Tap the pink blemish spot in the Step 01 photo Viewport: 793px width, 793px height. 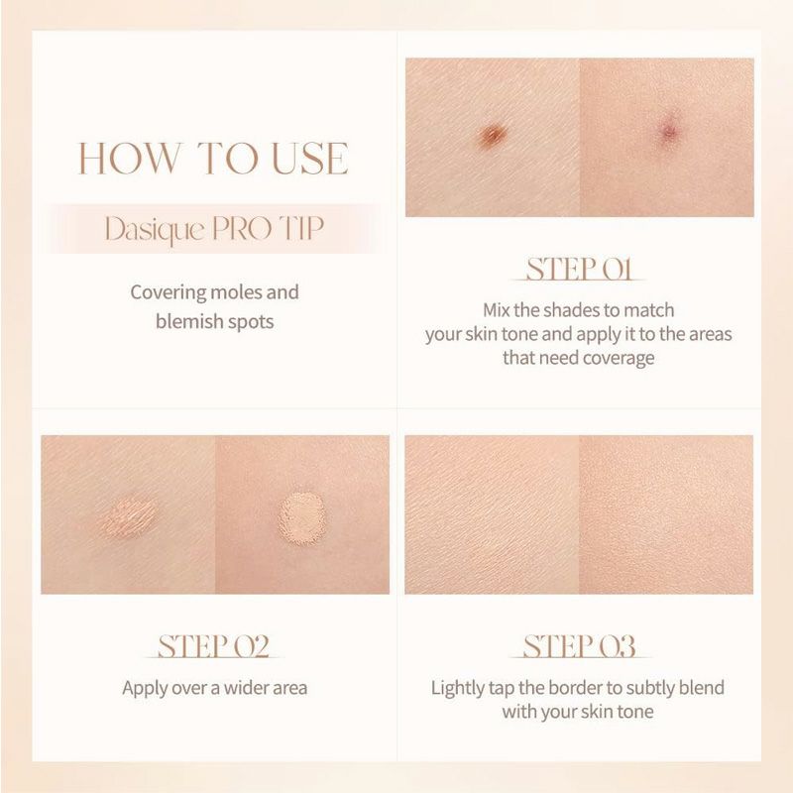[670, 133]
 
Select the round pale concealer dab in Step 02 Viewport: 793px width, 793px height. [302, 515]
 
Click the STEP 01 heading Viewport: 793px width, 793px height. [579, 269]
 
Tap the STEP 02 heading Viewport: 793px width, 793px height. [213, 646]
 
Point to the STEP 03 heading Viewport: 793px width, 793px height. [579, 646]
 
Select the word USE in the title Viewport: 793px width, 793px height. [310, 159]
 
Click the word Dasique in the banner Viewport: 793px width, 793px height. [155, 230]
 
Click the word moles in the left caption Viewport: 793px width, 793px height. [235, 292]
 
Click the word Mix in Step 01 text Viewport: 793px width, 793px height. [497, 309]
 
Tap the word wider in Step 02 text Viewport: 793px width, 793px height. [246, 688]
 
